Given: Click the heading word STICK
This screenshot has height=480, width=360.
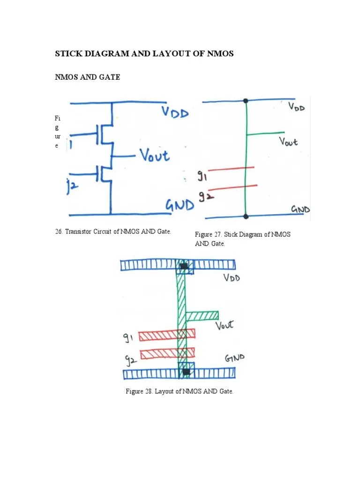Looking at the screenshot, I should coord(68,54).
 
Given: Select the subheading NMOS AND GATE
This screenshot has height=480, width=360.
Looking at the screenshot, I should coord(88,77).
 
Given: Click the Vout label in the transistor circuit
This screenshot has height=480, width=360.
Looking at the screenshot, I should coord(154,155).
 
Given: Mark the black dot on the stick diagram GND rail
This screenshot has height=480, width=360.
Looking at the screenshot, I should coord(246,216).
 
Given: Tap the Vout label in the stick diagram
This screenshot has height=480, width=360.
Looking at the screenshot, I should coord(288,141).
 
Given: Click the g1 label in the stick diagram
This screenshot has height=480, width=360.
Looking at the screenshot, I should coord(200,177).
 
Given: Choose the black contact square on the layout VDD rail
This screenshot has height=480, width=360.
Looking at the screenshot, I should coord(184,266).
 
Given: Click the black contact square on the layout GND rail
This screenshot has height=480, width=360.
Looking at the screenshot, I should coord(186,372).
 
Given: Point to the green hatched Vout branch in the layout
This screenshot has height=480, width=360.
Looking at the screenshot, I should coord(202,315).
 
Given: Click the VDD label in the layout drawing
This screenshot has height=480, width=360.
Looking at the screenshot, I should coord(232,278).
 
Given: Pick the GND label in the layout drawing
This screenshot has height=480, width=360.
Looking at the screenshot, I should coord(235,360).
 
